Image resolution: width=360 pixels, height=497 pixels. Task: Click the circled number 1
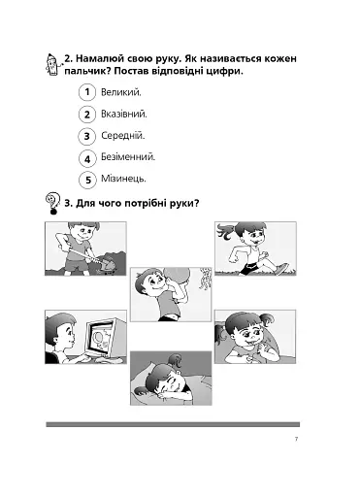[87, 92]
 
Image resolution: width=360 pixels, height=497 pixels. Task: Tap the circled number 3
[87, 136]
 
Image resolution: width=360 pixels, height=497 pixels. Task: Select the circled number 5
[87, 181]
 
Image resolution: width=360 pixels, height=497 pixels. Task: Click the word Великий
[121, 92]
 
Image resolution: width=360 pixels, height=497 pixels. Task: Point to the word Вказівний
[124, 114]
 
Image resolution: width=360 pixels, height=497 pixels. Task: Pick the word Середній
[123, 136]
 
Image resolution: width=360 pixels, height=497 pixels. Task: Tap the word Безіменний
[128, 157]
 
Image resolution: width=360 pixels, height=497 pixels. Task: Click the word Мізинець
[123, 179]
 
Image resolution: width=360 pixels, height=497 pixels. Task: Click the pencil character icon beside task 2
[52, 64]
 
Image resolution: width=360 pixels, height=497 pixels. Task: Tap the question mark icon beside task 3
[53, 204]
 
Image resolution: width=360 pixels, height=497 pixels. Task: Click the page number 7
[296, 439]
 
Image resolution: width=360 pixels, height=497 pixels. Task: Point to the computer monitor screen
[102, 338]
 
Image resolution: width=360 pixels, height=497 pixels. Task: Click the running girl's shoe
[280, 269]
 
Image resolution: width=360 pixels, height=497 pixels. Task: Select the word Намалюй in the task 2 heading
[95, 59]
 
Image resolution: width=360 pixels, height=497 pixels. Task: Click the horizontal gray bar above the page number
[173, 424]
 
